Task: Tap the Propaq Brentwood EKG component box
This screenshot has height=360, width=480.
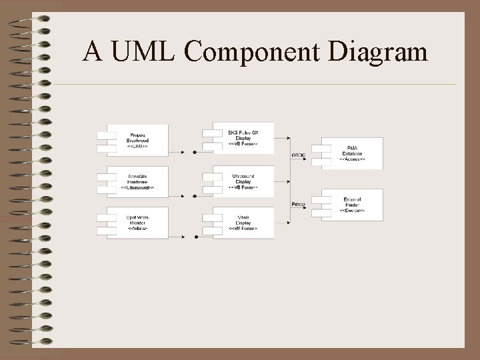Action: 137,139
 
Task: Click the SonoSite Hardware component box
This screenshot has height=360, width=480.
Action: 137,181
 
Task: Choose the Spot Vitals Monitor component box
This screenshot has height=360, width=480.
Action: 137,223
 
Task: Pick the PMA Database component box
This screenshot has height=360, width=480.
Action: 352,153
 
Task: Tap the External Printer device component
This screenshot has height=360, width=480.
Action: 352,205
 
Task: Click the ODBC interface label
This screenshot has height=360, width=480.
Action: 298,155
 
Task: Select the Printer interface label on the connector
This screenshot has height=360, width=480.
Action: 298,204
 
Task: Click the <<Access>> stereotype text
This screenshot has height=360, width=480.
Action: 352,160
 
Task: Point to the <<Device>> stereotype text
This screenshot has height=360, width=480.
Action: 352,211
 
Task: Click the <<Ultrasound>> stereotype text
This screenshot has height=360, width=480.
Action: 137,188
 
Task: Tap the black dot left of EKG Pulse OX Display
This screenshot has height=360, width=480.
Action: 195,153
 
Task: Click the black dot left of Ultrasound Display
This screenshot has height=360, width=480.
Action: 195,196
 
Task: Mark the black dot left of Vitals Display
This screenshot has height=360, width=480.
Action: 196,237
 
